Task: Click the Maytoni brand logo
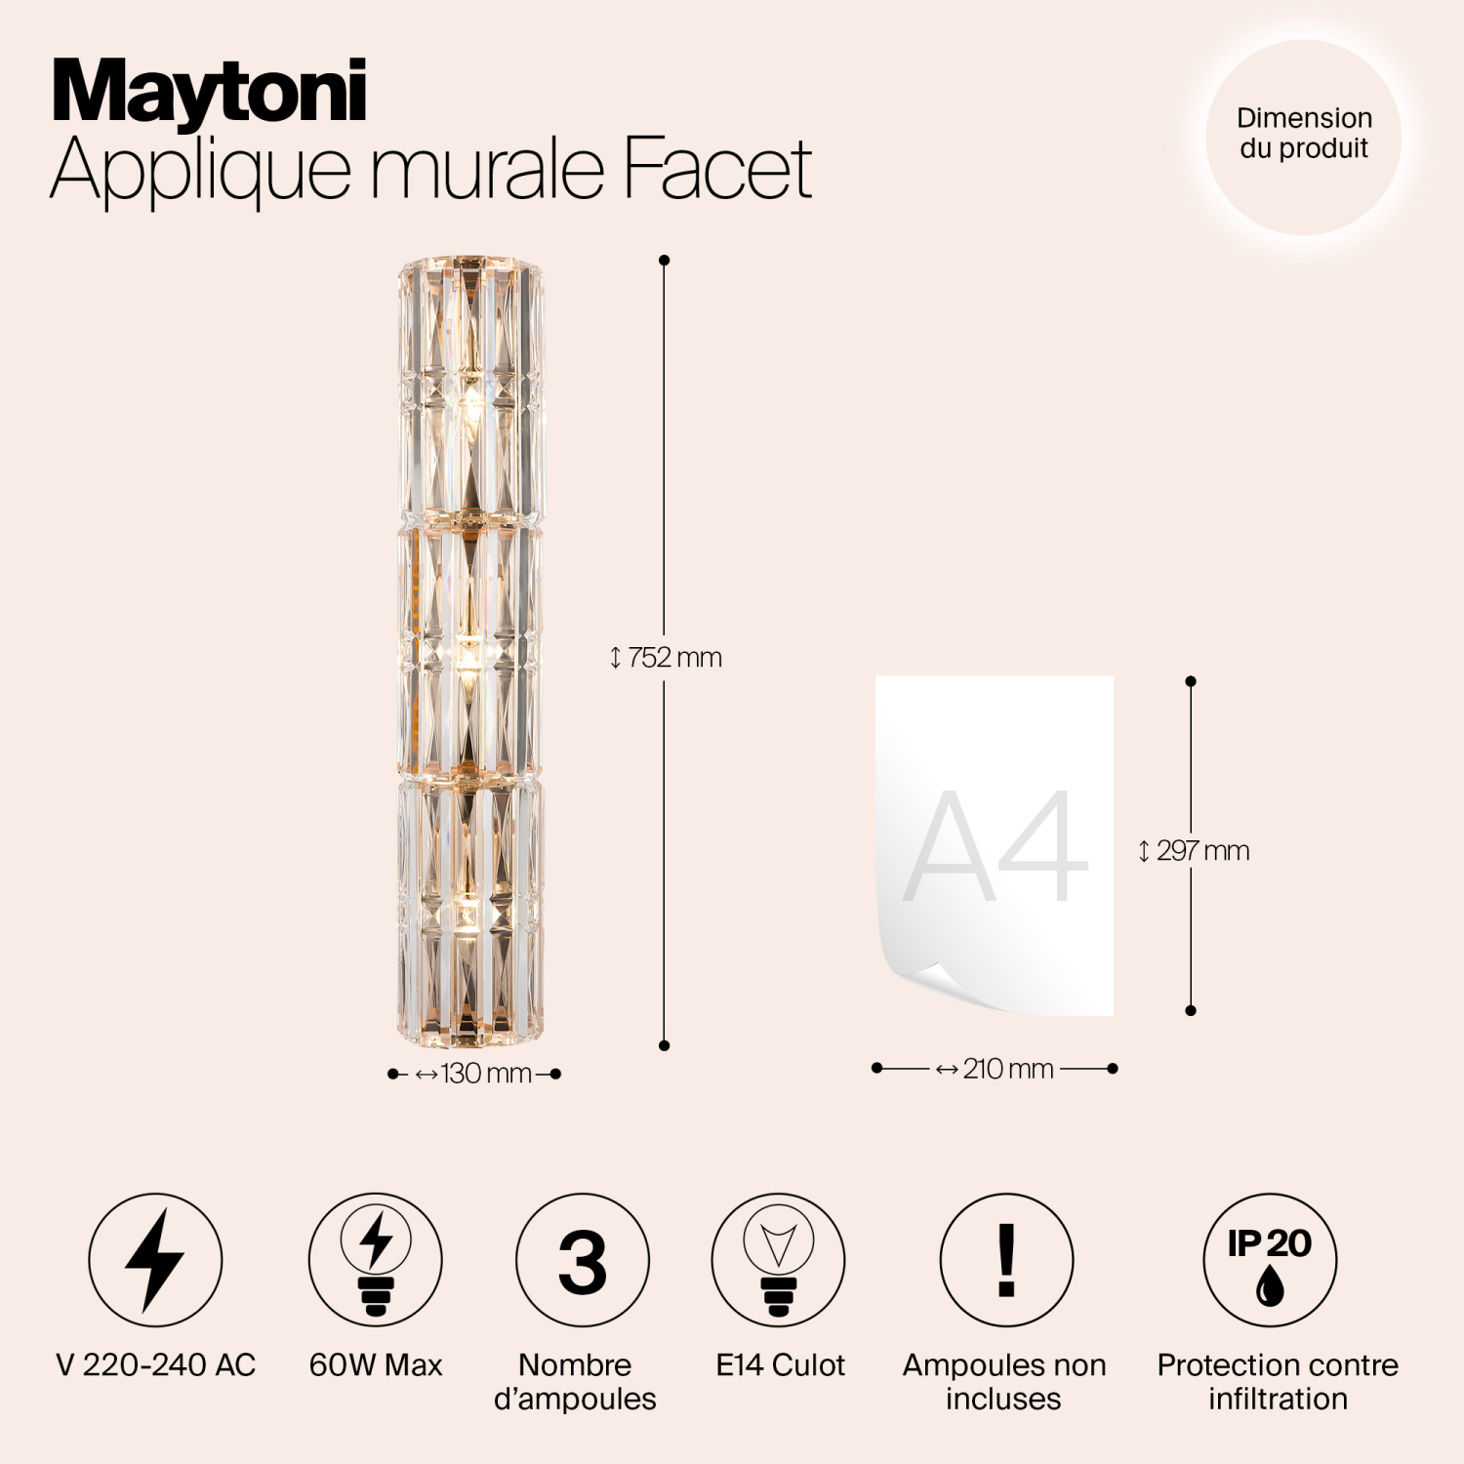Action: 209,92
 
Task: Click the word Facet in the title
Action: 717,168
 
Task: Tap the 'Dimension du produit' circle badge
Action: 1303,137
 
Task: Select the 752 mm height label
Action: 667,658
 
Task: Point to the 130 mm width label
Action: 475,1074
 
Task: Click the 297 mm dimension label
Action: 1194,851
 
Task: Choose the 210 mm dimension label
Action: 996,1069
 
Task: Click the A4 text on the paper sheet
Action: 996,847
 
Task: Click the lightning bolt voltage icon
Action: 155,1260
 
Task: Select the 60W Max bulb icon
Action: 376,1260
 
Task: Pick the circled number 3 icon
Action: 583,1260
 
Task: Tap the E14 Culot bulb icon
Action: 779,1260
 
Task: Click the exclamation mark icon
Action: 1006,1260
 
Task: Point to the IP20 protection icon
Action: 1270,1260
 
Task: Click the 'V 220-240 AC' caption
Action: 156,1364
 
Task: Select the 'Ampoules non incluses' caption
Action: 1004,1381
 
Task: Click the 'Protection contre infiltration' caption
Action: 1278,1381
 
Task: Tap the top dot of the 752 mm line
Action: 665,261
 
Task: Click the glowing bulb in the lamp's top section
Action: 471,400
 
